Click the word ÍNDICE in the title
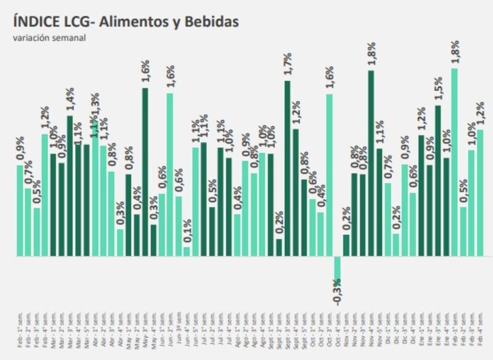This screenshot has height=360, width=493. (34, 22)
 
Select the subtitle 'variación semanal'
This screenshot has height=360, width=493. (49, 38)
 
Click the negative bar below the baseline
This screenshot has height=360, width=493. (338, 268)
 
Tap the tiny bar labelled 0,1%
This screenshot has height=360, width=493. (187, 252)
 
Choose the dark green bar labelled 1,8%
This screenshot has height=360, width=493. (371, 163)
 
